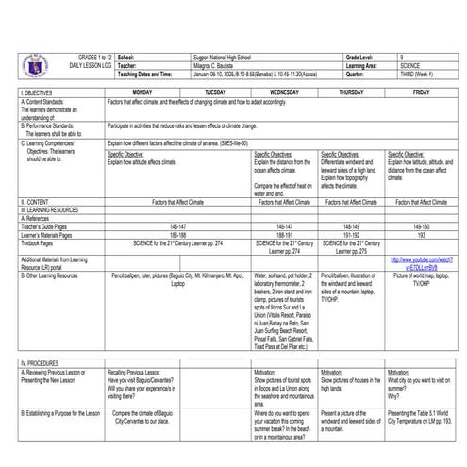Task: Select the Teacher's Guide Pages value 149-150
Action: (421, 227)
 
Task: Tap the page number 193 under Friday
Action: (421, 235)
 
